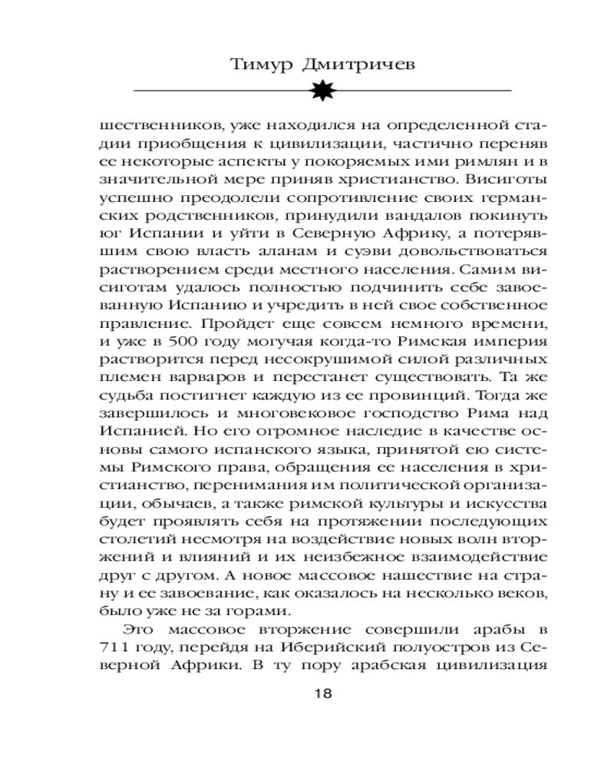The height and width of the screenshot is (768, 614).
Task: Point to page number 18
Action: click(322, 694)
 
